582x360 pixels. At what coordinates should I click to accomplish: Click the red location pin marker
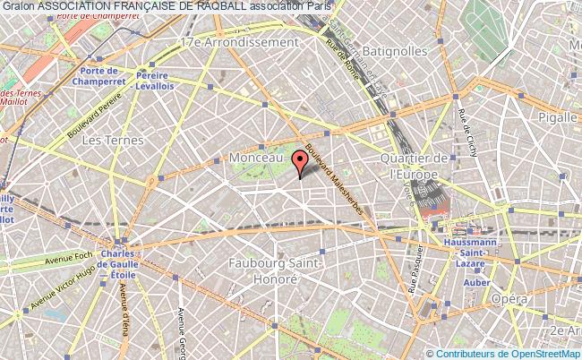click(x=299, y=161)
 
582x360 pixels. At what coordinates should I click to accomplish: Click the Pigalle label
click(x=556, y=116)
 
